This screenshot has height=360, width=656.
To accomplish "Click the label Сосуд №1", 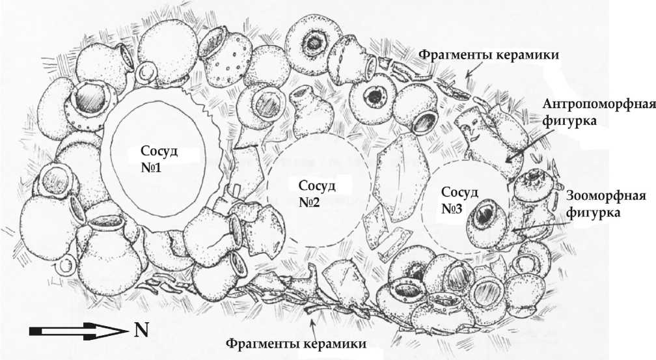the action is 159,159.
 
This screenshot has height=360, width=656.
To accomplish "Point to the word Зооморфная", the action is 605,197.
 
